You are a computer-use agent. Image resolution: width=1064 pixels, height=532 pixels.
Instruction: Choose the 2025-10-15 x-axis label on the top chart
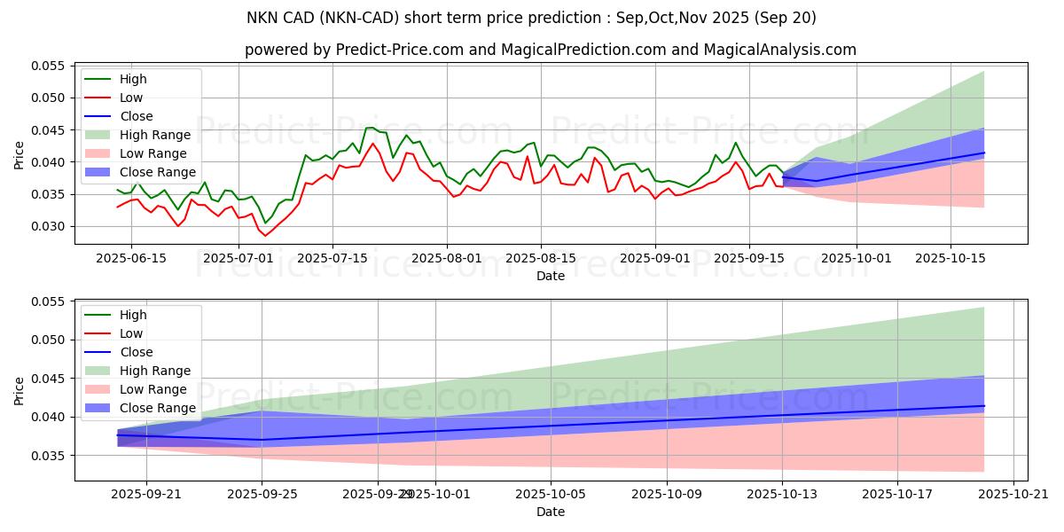pos(951,258)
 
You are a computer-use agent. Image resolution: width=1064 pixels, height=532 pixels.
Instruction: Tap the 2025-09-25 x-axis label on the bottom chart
pos(262,494)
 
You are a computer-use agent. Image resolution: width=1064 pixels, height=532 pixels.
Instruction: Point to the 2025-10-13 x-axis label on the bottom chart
pos(782,494)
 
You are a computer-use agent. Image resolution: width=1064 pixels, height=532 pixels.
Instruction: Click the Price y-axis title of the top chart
pos(20,155)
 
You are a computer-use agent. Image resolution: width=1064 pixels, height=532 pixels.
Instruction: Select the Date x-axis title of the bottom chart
pos(550,512)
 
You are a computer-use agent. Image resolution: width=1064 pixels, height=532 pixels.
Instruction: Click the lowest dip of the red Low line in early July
pos(265,236)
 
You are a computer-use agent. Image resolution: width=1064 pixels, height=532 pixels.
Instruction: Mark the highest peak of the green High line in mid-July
pos(368,128)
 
